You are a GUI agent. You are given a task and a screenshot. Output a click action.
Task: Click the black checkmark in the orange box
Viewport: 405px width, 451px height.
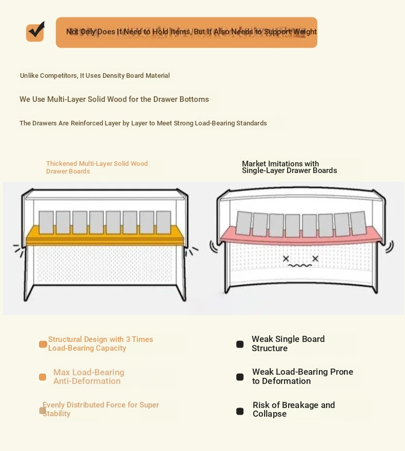pos(37,29)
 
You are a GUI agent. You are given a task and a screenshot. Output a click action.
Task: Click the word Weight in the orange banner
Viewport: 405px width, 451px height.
pos(305,32)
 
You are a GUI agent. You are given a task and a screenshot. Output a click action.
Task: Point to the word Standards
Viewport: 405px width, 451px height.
pos(252,123)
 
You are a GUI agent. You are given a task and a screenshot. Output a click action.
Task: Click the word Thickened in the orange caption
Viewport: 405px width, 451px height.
pos(62,164)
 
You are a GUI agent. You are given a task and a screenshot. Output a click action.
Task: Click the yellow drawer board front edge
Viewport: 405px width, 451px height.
pos(105,241)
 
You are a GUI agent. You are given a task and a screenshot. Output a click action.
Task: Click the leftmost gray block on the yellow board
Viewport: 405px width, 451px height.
pos(46,222)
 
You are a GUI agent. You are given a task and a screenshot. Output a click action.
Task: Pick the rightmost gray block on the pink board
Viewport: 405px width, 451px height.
pos(358,223)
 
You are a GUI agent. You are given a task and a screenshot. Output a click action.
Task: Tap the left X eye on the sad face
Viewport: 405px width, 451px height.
pos(286,259)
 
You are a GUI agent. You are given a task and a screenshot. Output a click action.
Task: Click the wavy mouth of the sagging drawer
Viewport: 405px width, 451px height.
pos(300,266)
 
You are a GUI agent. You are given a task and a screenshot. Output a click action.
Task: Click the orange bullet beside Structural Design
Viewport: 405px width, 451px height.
pos(43,345)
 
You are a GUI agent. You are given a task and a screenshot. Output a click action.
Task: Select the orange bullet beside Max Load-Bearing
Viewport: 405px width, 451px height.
pos(43,377)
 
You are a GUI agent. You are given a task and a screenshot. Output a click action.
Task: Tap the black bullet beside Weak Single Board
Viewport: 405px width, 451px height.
pos(240,345)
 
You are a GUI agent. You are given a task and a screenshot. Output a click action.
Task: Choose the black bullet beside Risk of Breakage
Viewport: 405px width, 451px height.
pos(240,411)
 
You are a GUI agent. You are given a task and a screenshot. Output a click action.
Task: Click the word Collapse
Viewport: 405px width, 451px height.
pos(270,414)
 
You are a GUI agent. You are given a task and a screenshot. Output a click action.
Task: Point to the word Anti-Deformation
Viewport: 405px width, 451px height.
pos(87,381)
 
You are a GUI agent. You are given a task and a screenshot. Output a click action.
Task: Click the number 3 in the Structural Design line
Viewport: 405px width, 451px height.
pos(128,339)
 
